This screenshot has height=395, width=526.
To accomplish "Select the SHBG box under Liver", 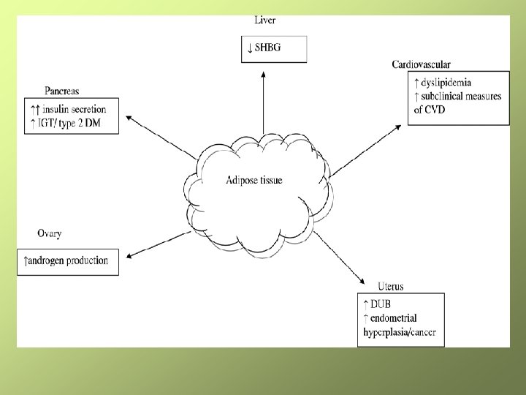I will (274, 49).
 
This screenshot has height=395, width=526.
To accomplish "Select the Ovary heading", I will (49, 233).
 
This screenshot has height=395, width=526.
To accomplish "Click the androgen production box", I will (67, 260).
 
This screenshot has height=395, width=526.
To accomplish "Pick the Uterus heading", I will (391, 285).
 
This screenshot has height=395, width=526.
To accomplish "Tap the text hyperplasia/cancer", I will (399, 333).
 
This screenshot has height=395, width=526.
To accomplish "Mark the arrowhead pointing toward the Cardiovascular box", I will (397, 128).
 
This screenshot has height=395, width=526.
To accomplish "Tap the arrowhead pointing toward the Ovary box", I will (129, 256).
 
